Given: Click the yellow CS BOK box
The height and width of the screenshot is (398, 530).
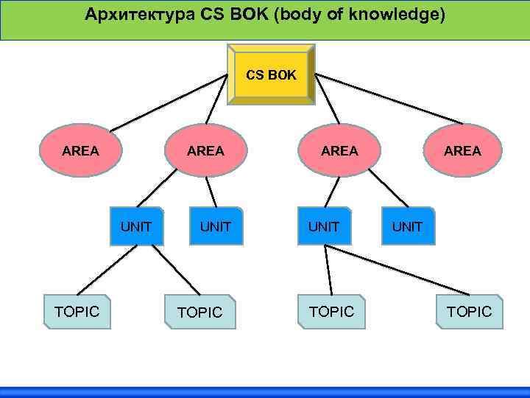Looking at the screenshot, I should point(271,75).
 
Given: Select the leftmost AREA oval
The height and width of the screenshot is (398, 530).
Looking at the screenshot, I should point(81,151).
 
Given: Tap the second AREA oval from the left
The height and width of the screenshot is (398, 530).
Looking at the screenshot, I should point(205,151).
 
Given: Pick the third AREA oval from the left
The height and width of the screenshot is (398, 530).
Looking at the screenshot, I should point(339,151).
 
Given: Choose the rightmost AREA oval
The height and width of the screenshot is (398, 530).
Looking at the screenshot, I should point(463,151).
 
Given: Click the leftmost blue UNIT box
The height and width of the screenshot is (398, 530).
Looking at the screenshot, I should point(136,226).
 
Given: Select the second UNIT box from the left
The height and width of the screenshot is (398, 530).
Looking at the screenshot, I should point(216,226).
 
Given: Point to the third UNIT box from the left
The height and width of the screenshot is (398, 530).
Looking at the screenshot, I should point(324,226).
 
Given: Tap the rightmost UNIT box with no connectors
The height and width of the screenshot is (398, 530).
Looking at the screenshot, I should point(407,226).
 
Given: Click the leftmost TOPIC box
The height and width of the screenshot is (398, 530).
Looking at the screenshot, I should point(77,312).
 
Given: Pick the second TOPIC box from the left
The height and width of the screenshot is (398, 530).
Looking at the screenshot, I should point(199,313).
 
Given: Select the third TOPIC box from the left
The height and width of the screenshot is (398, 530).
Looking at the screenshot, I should point(331,312).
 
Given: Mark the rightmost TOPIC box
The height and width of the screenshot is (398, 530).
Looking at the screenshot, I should point(470,312).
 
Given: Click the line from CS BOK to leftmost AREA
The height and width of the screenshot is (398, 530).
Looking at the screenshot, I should point(169,99).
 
